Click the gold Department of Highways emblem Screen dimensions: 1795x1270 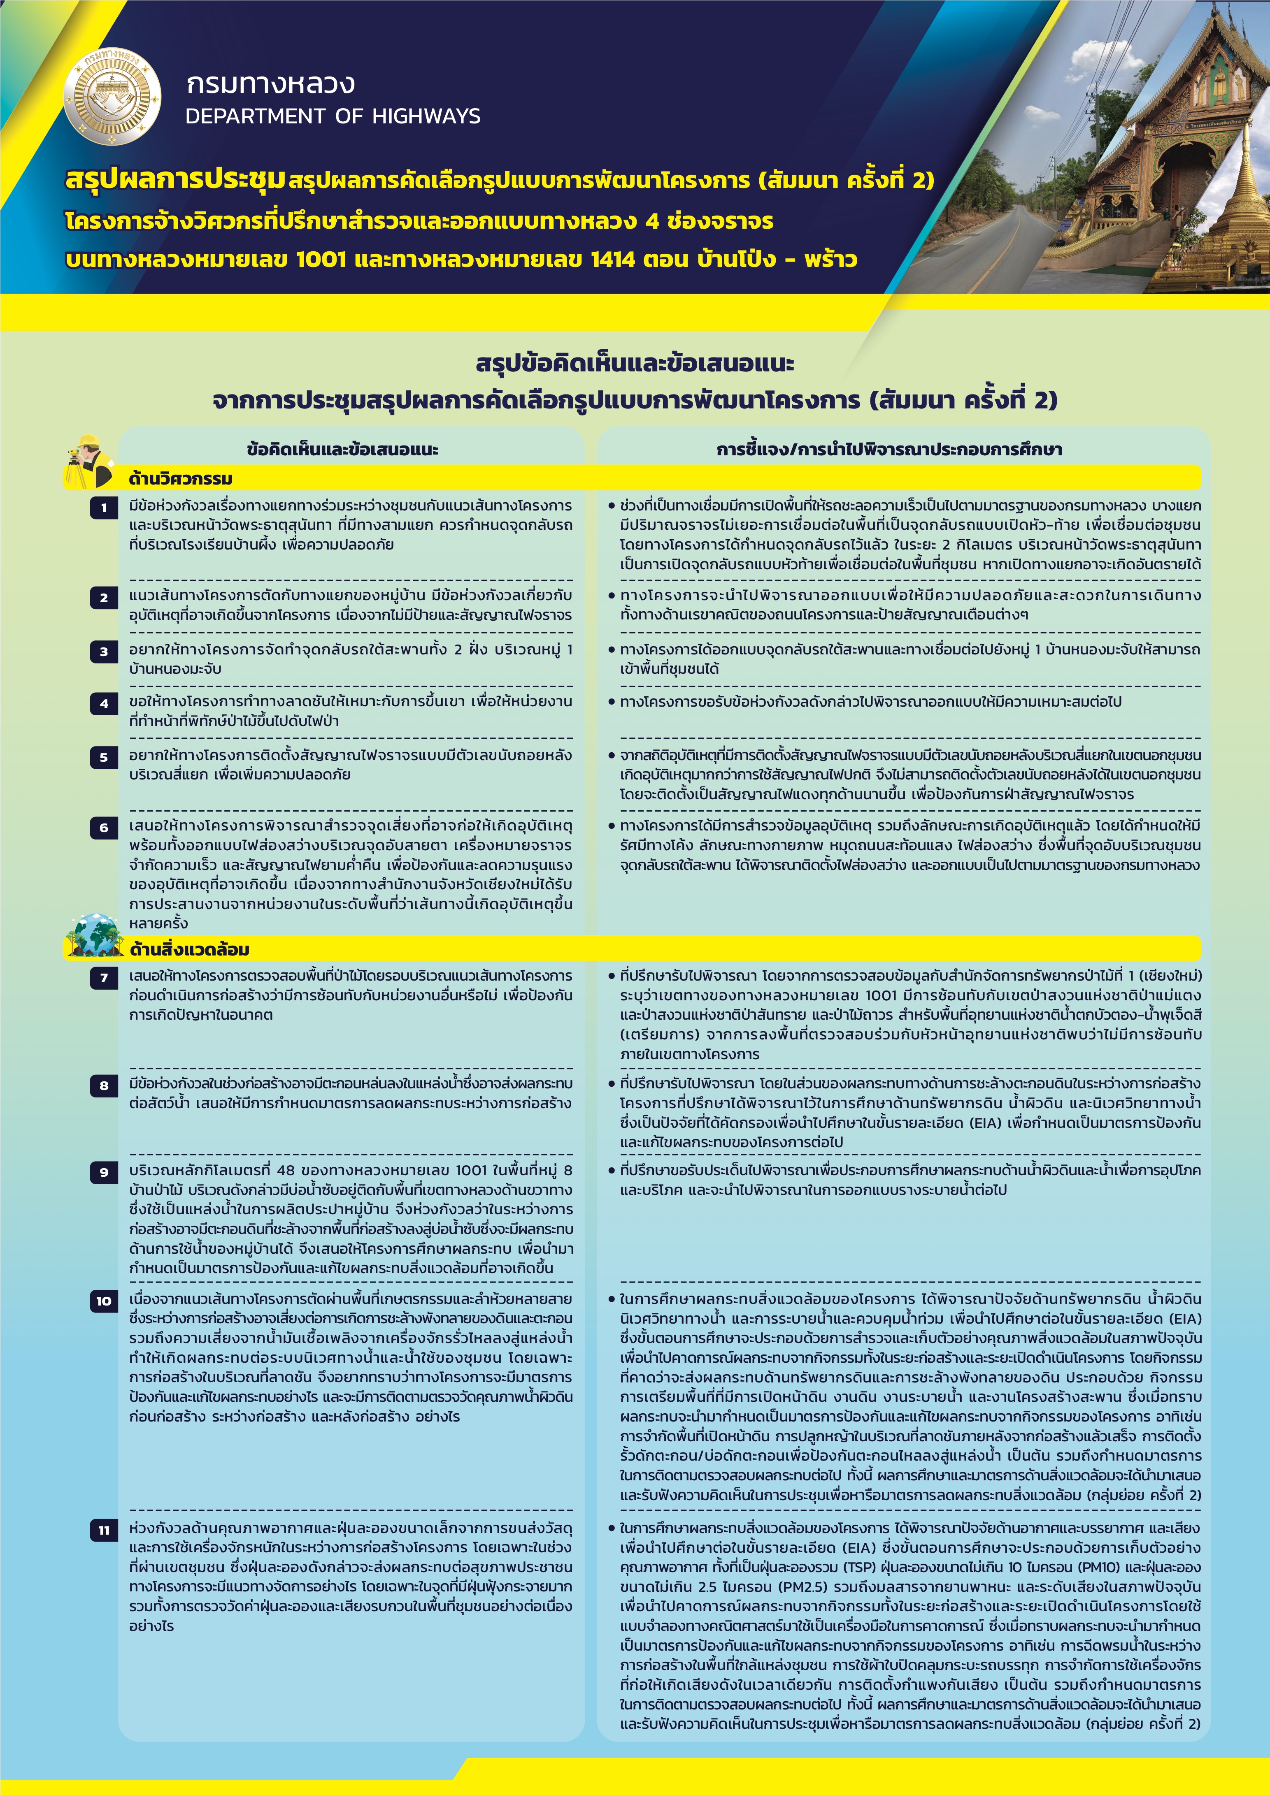[x=112, y=97]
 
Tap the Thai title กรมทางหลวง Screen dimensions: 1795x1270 [x=270, y=83]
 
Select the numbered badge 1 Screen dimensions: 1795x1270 [x=104, y=508]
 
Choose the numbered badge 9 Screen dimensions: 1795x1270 [x=104, y=1172]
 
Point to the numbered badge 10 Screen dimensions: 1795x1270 [x=104, y=1301]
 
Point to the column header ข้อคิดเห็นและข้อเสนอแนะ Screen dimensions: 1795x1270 [x=342, y=450]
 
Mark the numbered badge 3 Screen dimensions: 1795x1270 [x=104, y=651]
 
